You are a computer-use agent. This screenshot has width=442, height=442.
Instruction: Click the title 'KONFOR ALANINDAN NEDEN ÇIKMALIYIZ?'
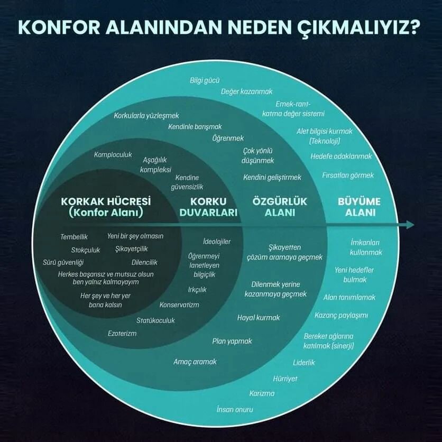click(220, 27)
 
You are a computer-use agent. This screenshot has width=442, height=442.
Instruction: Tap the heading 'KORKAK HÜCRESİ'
click(106, 201)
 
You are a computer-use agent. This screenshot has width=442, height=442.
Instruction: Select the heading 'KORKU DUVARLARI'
click(208, 207)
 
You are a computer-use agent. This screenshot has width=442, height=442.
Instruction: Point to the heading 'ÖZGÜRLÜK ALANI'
click(280, 207)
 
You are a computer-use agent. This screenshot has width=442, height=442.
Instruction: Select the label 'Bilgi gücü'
click(205, 81)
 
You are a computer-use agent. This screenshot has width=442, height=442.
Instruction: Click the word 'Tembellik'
click(74, 236)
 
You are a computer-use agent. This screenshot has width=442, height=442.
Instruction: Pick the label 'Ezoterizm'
click(122, 333)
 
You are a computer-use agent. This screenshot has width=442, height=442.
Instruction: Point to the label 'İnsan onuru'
click(235, 409)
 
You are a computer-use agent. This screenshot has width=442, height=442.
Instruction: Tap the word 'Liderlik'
click(304, 363)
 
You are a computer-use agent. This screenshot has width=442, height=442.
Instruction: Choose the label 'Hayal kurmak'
click(259, 318)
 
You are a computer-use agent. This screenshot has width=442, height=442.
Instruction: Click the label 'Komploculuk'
click(113, 155)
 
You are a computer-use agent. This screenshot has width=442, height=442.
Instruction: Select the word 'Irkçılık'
click(197, 290)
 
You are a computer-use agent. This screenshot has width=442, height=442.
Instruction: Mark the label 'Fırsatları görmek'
click(348, 175)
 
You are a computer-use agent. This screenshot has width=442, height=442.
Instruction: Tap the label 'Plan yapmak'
click(232, 341)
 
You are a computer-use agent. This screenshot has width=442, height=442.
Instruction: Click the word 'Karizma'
click(262, 393)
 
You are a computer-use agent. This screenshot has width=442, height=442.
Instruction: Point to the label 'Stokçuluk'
click(86, 250)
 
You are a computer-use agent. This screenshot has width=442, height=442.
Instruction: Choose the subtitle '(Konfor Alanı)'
click(106, 213)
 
